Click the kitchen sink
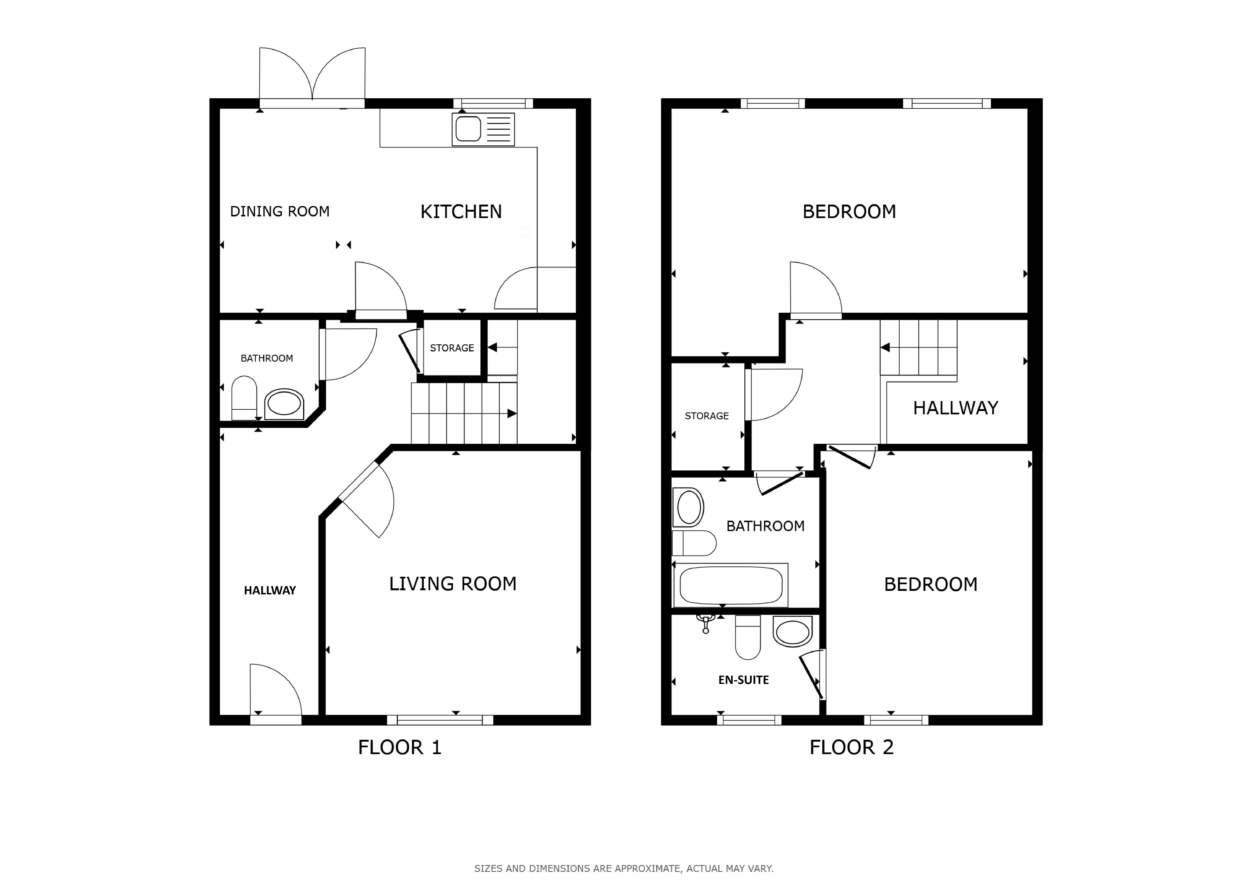483,129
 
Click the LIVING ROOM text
453,584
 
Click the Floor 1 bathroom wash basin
284,404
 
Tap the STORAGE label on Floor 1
452,348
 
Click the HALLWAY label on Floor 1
270,590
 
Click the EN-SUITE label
744,680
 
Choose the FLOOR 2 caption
852,747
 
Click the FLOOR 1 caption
400,747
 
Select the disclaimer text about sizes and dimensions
624,869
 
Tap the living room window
440,720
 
